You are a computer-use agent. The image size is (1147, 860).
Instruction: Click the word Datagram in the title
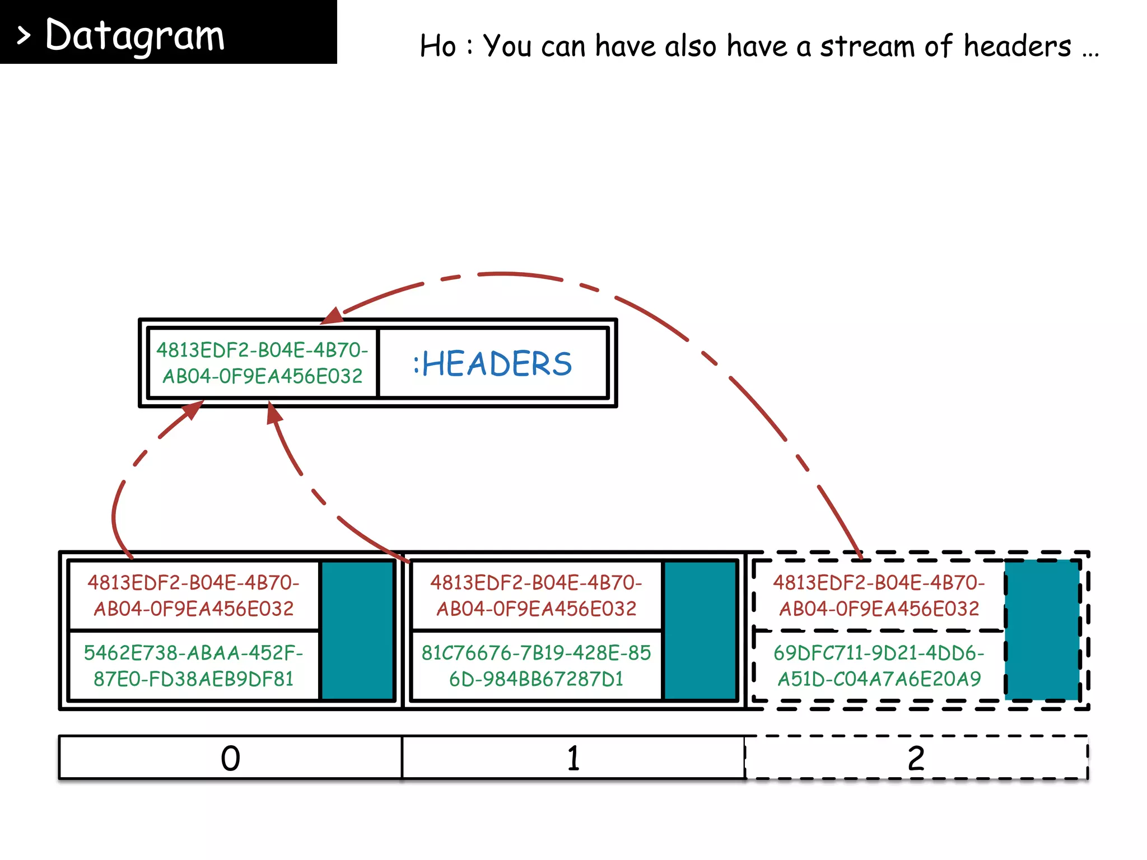pos(135,35)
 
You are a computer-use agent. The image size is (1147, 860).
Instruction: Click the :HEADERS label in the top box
pos(493,363)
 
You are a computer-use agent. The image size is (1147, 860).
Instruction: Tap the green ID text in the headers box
pos(262,363)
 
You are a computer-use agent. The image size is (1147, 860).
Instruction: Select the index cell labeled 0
pos(230,758)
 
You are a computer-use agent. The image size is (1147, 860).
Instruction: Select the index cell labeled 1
pos(573,758)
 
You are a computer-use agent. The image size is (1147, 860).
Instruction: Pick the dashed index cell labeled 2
pos(916,758)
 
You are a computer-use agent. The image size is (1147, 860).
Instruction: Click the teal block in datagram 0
pos(358,630)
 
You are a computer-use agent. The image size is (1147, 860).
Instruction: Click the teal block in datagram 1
pos(700,630)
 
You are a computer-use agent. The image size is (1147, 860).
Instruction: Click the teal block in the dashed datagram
pos(1042,630)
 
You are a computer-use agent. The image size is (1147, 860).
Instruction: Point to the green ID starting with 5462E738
pos(193,666)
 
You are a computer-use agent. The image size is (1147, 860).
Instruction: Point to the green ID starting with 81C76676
pos(536,666)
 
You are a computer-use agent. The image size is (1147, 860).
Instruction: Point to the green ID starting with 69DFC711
pos(879,666)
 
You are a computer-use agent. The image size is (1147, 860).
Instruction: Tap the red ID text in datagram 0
pos(193,595)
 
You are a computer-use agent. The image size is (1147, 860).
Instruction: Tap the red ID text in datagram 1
pos(536,595)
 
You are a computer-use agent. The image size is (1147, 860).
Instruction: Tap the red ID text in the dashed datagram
pos(879,595)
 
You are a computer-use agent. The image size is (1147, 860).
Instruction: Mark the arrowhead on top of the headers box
pos(333,316)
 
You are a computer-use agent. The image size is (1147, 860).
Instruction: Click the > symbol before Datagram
pos(23,36)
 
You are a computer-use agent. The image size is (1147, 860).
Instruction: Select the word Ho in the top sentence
pos(438,46)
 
